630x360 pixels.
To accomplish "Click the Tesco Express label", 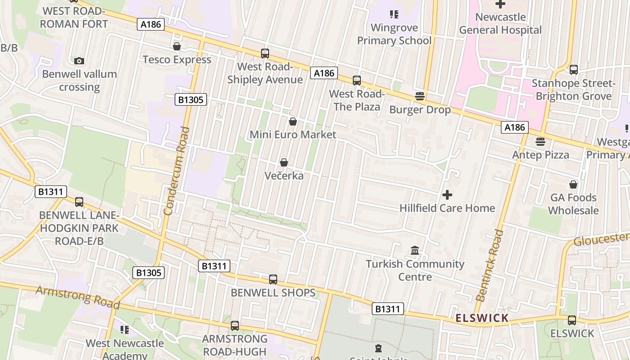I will (x=177, y=59).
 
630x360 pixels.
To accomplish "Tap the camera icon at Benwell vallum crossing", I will (x=79, y=61).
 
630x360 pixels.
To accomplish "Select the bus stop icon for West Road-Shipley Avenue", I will (x=265, y=54).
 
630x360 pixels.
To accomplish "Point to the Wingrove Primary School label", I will (x=394, y=34).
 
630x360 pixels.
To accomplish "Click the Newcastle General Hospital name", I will (x=500, y=24).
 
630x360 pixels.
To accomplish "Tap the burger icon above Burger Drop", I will (x=420, y=96).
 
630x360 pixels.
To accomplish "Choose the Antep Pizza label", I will (x=540, y=155).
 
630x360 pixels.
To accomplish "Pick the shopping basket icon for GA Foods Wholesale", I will (x=573, y=184).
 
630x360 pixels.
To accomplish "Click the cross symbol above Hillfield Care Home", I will (x=447, y=195).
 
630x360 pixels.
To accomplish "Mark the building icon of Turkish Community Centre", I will (x=415, y=250).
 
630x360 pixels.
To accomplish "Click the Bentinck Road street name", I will (x=489, y=265).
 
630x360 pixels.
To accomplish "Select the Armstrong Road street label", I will (x=78, y=297).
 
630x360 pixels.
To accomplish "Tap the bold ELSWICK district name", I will (x=482, y=318).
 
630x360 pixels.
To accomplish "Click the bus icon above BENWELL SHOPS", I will (x=273, y=279).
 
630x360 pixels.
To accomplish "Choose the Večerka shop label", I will (x=284, y=176).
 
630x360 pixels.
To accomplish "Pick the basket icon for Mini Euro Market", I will (x=293, y=121).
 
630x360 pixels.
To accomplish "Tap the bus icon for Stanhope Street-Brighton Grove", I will (x=574, y=70).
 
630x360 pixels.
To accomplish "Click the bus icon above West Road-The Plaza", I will (x=357, y=81).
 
